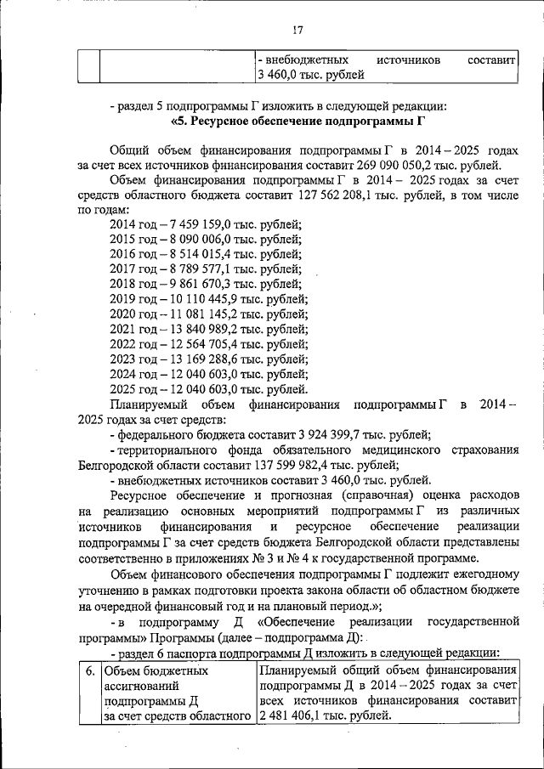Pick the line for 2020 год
click(x=209, y=314)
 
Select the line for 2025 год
click(x=209, y=389)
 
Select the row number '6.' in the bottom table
click(x=88, y=670)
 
